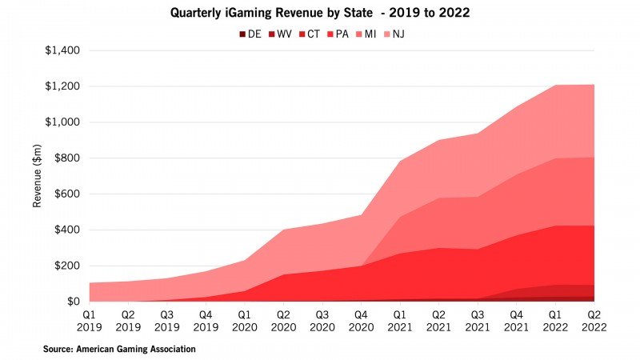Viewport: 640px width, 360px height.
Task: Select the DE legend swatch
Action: pos(242,34)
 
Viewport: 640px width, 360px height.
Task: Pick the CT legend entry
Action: pos(314,34)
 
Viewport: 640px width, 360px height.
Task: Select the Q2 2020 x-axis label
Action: pos(283,321)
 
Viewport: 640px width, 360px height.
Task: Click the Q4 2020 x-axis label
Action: pos(361,321)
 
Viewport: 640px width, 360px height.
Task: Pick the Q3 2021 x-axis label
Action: pos(478,321)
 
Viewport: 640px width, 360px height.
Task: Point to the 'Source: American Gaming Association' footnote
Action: pos(119,349)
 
